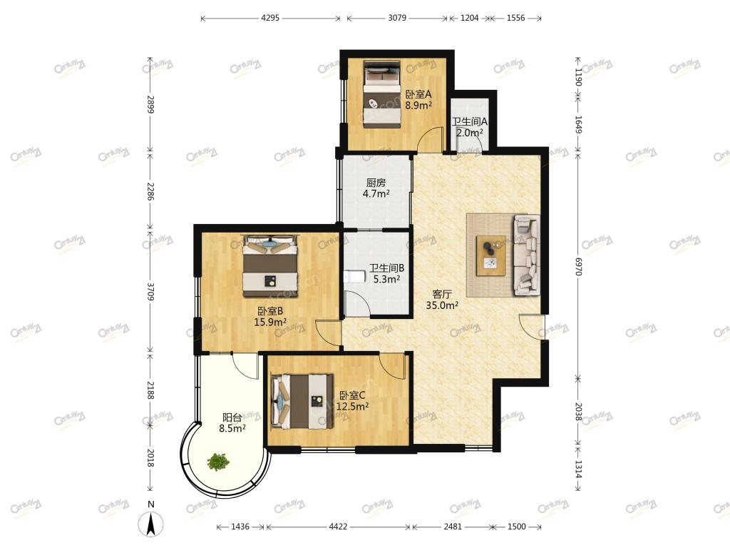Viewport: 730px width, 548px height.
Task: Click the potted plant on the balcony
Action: pos(218,462)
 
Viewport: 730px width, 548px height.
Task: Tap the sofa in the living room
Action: pos(527,255)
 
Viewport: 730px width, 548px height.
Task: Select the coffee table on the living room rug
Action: pos(490,255)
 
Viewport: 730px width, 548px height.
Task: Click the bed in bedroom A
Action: pos(382,94)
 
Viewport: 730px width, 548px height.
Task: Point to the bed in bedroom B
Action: pos(270,266)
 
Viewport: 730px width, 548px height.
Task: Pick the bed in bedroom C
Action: pos(302,401)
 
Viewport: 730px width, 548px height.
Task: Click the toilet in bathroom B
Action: pos(353,277)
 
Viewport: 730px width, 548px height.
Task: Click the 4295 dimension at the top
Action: pos(270,18)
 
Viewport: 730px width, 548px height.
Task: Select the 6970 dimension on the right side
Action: pos(577,266)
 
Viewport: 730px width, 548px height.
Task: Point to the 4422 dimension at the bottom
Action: pos(338,527)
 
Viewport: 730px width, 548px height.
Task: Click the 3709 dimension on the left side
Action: pos(150,290)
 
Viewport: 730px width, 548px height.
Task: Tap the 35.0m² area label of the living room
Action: pos(442,305)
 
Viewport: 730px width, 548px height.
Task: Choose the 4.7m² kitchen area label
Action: pos(376,193)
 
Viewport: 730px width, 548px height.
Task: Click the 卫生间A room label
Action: pos(469,121)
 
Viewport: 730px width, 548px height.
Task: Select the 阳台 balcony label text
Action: pos(232,417)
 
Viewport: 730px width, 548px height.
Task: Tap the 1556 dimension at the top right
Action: pos(515,18)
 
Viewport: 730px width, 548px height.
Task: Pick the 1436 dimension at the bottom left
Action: pos(240,527)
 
